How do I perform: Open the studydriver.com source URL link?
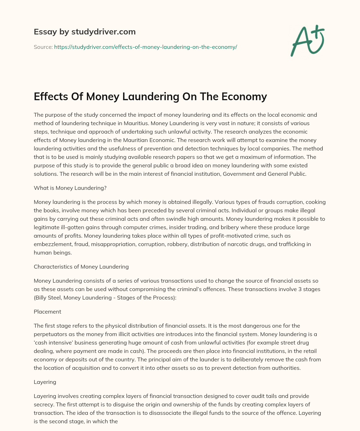pyautogui.click(x=146, y=47)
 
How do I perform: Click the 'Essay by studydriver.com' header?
pyautogui.click(x=84, y=32)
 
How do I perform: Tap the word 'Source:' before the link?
pyautogui.click(x=43, y=47)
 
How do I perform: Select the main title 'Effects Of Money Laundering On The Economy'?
pyautogui.click(x=150, y=96)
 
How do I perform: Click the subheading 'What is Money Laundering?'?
pyautogui.click(x=70, y=188)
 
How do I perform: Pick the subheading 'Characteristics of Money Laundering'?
pyautogui.click(x=81, y=266)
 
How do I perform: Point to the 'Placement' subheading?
pyautogui.click(x=47, y=311)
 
